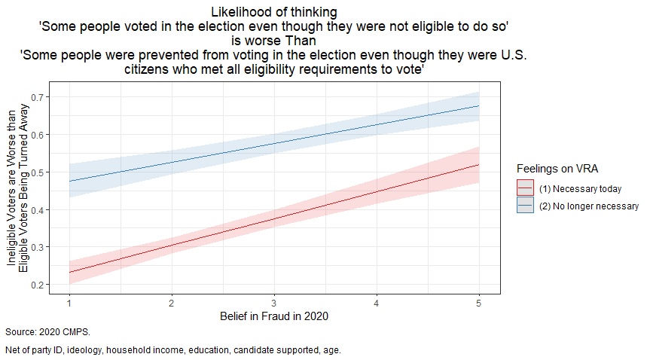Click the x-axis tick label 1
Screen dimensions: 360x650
(69, 302)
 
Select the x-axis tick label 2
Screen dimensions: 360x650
(172, 302)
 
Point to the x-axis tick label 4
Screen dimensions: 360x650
(377, 302)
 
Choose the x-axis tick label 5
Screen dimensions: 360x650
(479, 302)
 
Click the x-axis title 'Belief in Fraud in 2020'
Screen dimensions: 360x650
(274, 316)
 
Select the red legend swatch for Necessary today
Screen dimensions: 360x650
(526, 188)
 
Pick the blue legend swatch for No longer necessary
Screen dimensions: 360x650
(526, 206)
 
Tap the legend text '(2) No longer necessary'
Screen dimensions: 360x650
(589, 206)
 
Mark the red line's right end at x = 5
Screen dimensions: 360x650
(479, 164)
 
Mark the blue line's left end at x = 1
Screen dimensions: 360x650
(69, 181)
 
